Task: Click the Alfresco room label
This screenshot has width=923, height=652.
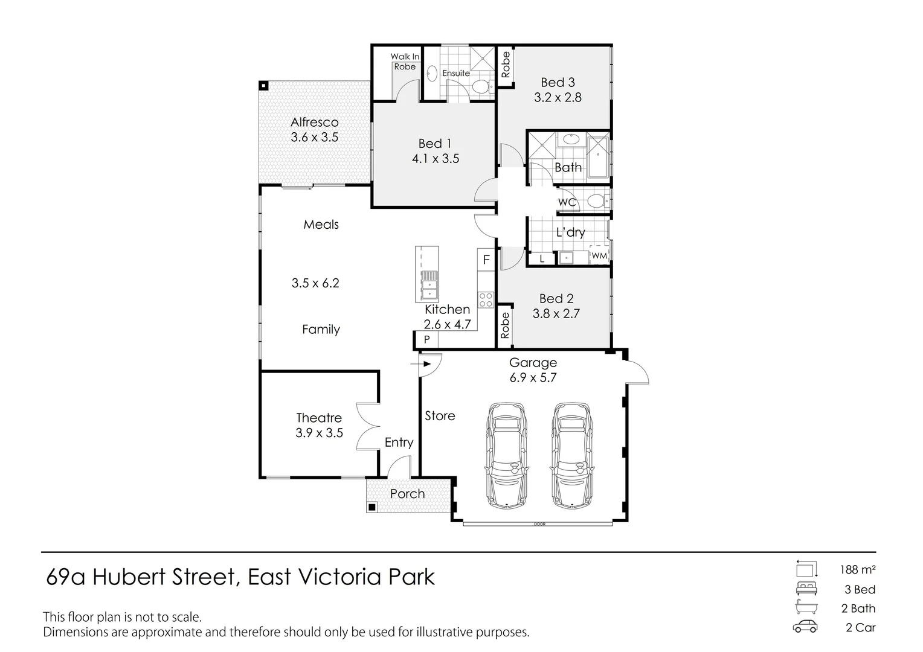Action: tap(314, 123)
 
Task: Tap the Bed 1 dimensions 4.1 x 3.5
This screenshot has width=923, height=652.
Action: tap(436, 159)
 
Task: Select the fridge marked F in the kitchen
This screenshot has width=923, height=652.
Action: tap(486, 260)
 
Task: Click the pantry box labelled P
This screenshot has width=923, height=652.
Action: tap(427, 339)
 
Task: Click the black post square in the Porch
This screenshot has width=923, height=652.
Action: tap(371, 507)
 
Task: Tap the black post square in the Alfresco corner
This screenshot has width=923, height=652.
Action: tap(263, 86)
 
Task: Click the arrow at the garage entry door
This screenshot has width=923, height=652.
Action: tap(420, 364)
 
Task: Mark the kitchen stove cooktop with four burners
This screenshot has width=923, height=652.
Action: tap(486, 299)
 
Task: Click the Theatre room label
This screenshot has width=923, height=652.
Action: tap(319, 418)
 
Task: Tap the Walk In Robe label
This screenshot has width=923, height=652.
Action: tap(405, 62)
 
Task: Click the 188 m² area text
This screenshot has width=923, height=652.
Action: tap(858, 570)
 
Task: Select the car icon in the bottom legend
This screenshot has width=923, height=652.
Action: tap(805, 627)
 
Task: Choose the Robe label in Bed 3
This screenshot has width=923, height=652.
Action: tap(506, 65)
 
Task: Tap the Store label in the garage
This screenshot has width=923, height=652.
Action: tap(440, 416)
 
